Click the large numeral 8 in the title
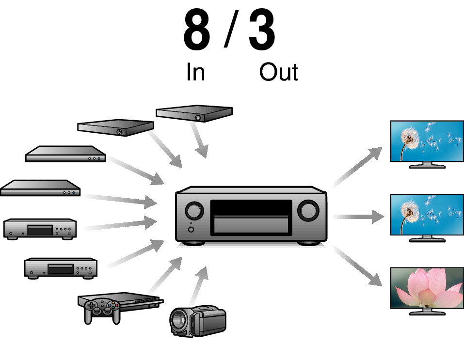(197, 30)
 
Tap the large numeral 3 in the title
(262, 30)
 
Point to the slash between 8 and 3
(231, 29)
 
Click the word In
(195, 72)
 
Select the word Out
(278, 72)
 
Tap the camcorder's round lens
(178, 321)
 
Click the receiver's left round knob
(194, 211)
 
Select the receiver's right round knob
(308, 210)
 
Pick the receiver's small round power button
(191, 229)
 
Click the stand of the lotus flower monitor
(427, 312)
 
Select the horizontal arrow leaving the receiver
(358, 217)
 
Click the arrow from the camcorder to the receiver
(199, 286)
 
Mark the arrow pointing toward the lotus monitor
(357, 266)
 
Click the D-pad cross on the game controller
(92, 306)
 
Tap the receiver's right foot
(308, 243)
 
